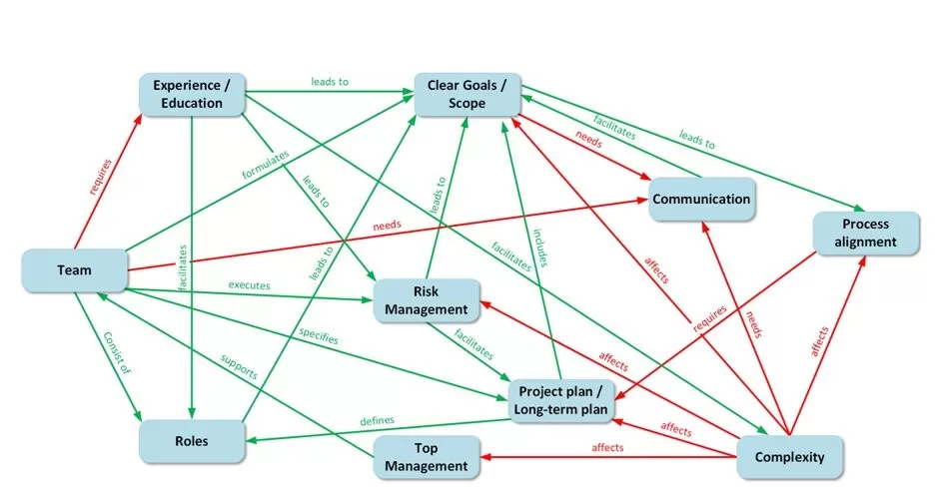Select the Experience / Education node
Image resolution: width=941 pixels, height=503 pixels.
(193, 94)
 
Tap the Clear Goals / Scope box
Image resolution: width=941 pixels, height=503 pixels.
(467, 94)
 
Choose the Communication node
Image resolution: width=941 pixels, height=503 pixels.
(701, 199)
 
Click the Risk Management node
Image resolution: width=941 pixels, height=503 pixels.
(426, 300)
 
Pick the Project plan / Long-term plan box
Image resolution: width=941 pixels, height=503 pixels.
(560, 399)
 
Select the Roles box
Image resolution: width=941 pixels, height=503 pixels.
(192, 440)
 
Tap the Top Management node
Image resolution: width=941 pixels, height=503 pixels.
(427, 457)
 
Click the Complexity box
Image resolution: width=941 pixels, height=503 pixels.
(788, 457)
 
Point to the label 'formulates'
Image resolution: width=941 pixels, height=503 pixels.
(266, 165)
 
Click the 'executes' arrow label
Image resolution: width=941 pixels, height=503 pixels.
(249, 285)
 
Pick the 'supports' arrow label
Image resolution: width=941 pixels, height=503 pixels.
(239, 366)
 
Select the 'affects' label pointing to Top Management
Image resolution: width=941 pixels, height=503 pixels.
(607, 447)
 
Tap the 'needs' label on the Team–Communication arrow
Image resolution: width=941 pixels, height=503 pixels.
(386, 226)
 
